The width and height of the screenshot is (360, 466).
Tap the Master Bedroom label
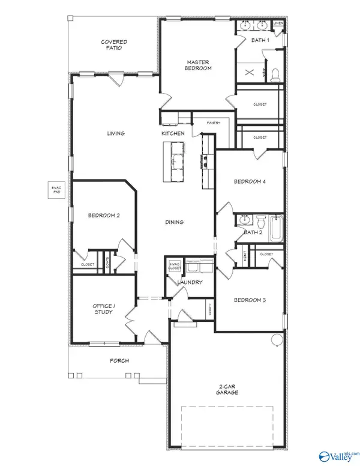197,65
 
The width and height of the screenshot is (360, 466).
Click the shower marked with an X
250,73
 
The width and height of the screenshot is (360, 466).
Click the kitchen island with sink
175,161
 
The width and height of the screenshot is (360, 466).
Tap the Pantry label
214,123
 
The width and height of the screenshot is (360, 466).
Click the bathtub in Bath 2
274,229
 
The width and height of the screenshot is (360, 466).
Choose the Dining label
174,222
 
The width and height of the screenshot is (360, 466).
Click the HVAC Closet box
174,266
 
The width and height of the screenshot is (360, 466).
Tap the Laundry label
190,282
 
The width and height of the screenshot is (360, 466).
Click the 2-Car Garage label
228,389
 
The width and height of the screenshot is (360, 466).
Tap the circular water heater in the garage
277,340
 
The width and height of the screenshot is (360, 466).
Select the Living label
115,133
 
